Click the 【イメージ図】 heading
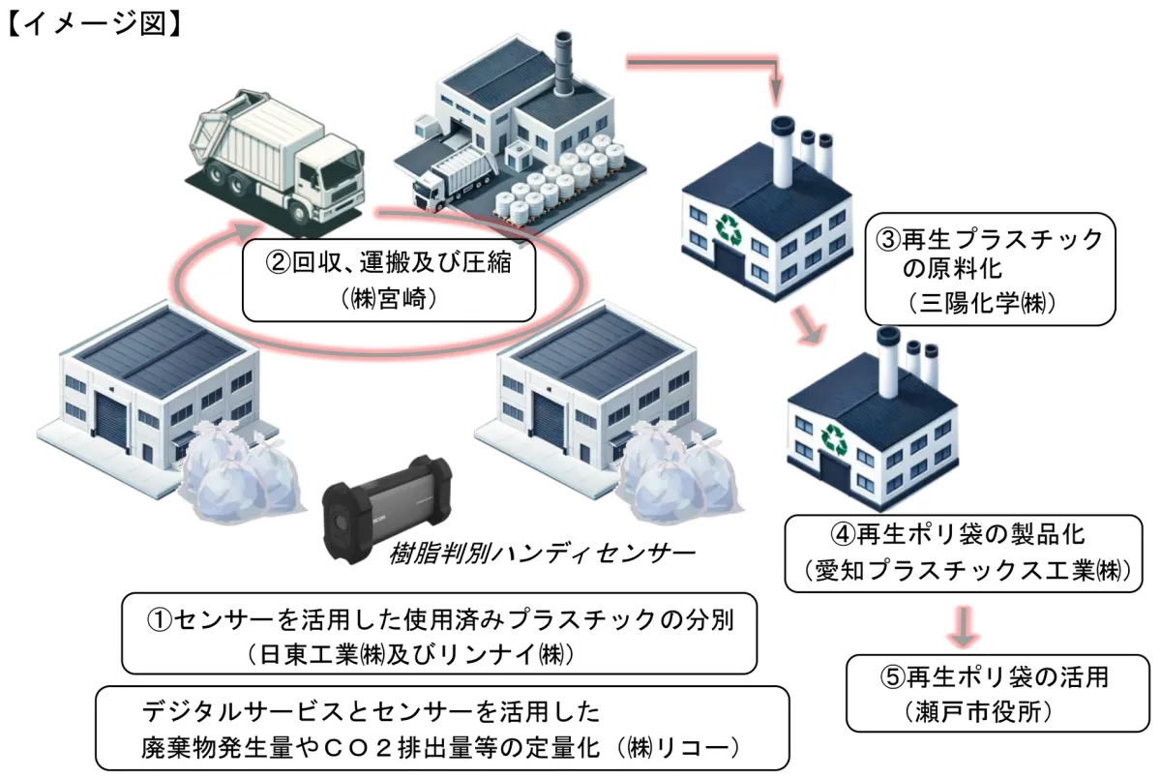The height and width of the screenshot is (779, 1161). click(93, 20)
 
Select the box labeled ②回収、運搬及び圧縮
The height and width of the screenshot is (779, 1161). click(388, 280)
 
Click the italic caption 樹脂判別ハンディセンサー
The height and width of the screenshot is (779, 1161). click(542, 554)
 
